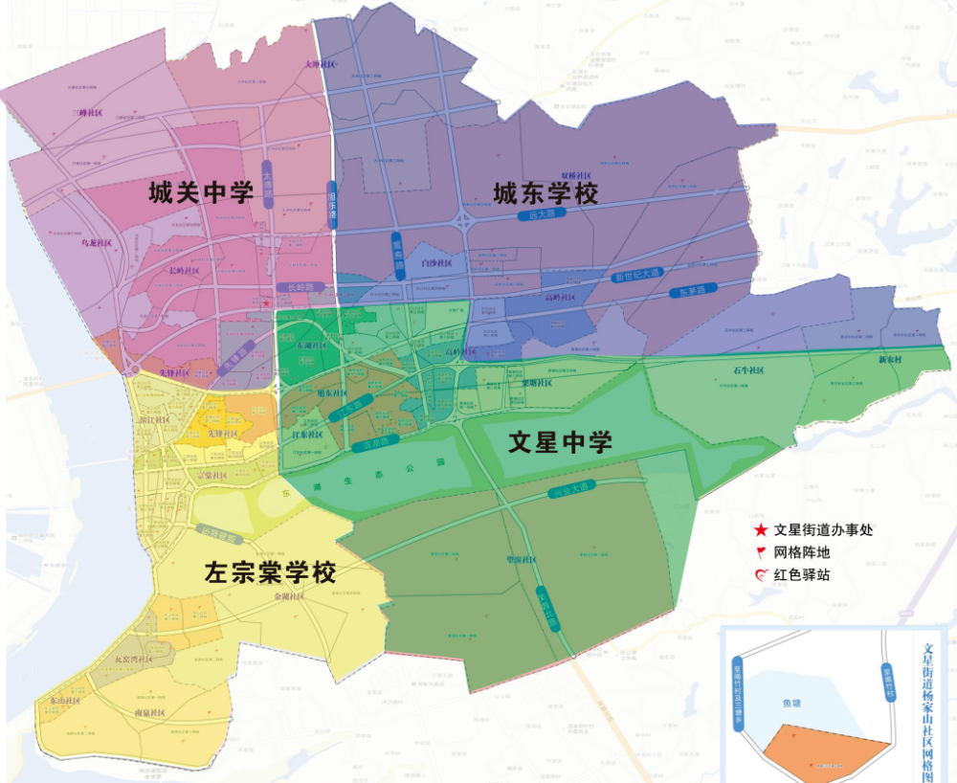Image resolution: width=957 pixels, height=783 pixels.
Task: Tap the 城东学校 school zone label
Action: coord(545,193)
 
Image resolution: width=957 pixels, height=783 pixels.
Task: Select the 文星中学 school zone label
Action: coord(560,442)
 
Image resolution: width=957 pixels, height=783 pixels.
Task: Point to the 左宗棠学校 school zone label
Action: coord(270,572)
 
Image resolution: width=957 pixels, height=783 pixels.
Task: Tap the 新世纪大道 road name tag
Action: coord(636,277)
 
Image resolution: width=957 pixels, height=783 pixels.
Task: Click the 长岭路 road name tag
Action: coord(294,286)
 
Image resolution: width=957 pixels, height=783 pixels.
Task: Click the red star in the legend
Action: coord(760,529)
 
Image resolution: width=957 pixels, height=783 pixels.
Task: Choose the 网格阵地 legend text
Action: coord(805,552)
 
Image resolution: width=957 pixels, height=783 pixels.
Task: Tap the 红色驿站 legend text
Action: coord(805,575)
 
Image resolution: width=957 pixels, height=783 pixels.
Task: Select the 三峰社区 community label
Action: coord(91,113)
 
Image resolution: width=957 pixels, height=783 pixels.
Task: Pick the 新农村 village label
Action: coord(892,360)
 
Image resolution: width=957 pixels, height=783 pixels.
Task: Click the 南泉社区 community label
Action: coord(150,713)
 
